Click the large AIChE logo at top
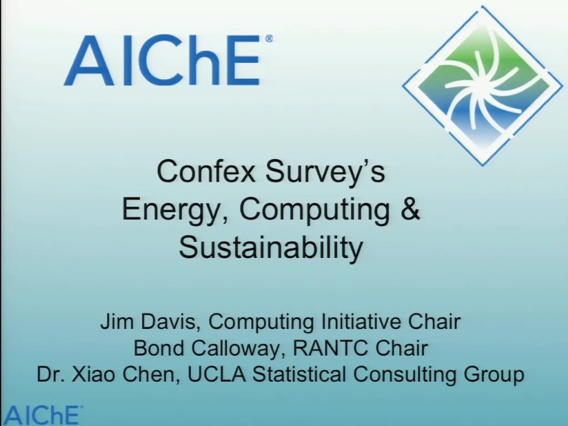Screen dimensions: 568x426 click(x=168, y=60)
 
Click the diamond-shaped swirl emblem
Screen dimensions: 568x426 click(x=483, y=86)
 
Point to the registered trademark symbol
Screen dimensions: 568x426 click(x=269, y=39)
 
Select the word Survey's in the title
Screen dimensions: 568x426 click(x=325, y=173)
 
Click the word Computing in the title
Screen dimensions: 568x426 click(x=315, y=211)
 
